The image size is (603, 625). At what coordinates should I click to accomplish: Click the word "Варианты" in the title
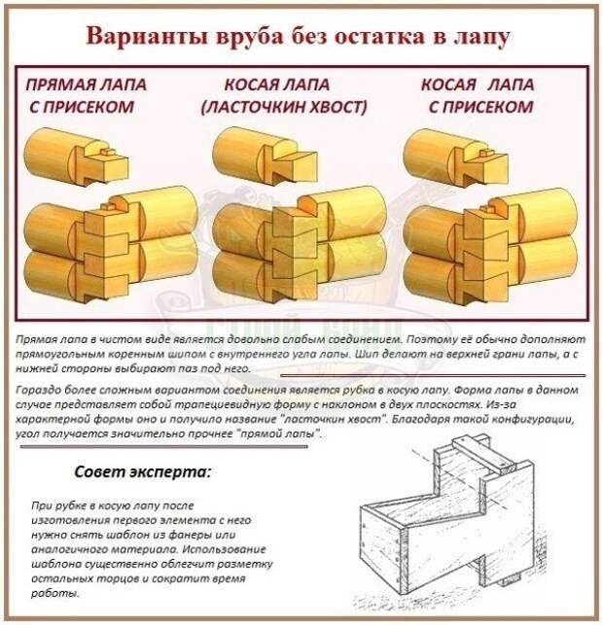point(147,36)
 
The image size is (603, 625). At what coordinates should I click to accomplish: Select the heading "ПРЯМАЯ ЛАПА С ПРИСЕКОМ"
point(86,95)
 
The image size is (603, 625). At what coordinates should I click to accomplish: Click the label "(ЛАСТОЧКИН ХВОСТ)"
point(284,107)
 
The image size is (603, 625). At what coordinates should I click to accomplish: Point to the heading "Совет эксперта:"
point(142,472)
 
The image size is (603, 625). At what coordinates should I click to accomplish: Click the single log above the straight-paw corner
point(77,156)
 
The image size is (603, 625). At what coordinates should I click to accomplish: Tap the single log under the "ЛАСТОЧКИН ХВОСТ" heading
point(266,156)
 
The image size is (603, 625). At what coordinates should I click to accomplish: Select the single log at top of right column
point(456,157)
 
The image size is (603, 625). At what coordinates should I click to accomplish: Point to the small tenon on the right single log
point(486,153)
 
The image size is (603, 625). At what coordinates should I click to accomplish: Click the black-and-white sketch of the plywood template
point(445,521)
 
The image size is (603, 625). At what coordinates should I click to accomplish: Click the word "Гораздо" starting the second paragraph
point(38,390)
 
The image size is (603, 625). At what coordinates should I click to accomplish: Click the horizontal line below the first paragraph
point(433,375)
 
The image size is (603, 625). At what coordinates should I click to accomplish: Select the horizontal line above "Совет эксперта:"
point(164,447)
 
